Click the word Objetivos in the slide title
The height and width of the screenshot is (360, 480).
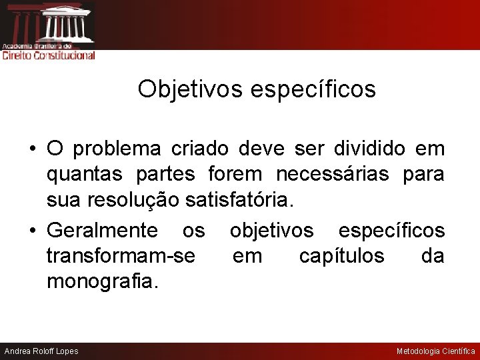pyautogui.click(x=191, y=89)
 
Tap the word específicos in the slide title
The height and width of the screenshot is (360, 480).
pyautogui.click(x=313, y=89)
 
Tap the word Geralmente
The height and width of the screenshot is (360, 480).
pyautogui.click(x=102, y=231)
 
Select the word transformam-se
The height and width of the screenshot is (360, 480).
pyautogui.click(x=121, y=256)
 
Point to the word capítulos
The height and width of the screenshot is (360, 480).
pyautogui.click(x=341, y=256)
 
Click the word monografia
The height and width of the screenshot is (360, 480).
pyautogui.click(x=103, y=281)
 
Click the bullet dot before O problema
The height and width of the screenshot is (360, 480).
pyautogui.click(x=32, y=149)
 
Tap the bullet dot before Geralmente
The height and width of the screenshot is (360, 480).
pyautogui.click(x=32, y=231)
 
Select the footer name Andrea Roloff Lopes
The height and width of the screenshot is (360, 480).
pyautogui.click(x=41, y=351)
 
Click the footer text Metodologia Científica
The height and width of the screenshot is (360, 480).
pyautogui.click(x=436, y=351)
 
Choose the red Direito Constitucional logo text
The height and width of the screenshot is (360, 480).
pyautogui.click(x=49, y=55)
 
